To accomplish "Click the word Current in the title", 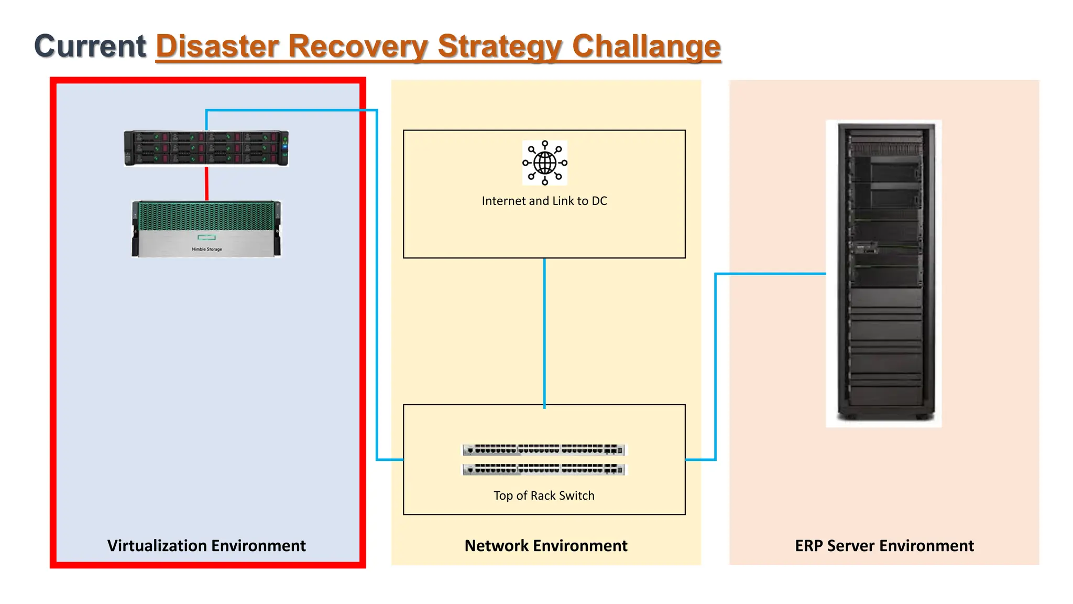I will (90, 46).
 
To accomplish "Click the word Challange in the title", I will (646, 46).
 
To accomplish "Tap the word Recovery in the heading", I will (358, 46).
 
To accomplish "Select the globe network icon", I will (544, 163).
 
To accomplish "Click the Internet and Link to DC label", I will (544, 201).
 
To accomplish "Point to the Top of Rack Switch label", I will (544, 495).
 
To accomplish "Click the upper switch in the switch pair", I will (544, 449).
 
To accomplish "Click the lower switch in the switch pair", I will (544, 469).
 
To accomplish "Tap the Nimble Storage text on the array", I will (206, 249).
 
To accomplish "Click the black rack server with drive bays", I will (206, 148).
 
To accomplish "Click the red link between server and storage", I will (206, 184).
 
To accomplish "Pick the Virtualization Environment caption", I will (206, 546).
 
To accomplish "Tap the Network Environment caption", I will (545, 546).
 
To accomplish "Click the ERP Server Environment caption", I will (884, 546).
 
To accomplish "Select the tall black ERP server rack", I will (884, 273).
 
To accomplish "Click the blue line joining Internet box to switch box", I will (544, 330).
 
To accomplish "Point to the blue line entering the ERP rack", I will (770, 274).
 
